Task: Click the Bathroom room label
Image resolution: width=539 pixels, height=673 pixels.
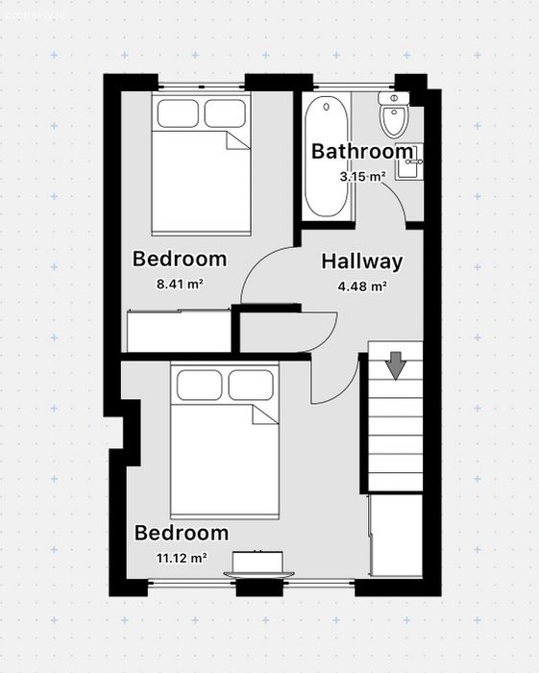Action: [x=362, y=151]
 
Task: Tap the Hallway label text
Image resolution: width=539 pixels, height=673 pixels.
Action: [x=362, y=262]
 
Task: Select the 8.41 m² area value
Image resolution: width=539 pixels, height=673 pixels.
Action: [x=180, y=284]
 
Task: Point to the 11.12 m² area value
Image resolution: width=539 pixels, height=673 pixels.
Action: [x=182, y=558]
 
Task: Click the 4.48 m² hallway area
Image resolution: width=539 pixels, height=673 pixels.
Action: [x=363, y=286]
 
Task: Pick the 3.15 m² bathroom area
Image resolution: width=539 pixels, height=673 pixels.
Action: [x=363, y=176]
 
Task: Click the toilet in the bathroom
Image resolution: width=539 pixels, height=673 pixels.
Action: [x=394, y=114]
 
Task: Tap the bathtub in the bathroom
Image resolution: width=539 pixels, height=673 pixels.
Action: [x=327, y=158]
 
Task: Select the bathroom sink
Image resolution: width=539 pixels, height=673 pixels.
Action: [x=408, y=162]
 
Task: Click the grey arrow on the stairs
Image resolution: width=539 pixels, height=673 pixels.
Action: [x=395, y=365]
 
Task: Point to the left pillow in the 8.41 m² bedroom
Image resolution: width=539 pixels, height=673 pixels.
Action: [x=178, y=113]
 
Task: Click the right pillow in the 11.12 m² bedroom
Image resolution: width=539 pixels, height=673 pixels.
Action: [x=251, y=385]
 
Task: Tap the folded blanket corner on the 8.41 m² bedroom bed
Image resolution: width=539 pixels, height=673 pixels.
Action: [x=238, y=140]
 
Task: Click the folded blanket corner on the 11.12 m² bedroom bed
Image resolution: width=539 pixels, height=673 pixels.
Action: [x=265, y=414]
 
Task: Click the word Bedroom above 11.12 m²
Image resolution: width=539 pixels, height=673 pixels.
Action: [x=182, y=533]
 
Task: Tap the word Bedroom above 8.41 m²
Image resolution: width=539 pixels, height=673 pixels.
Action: [x=180, y=259]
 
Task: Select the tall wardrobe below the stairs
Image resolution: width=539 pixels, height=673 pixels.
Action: [x=396, y=536]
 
